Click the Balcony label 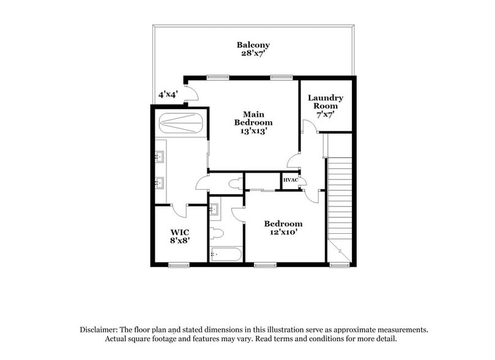(253, 45)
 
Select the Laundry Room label (325, 102)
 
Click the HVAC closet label (290, 180)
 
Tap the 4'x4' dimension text (168, 95)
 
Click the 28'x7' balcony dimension (253, 53)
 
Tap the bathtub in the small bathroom (225, 253)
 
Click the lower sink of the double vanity (160, 182)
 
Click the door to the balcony (192, 92)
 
